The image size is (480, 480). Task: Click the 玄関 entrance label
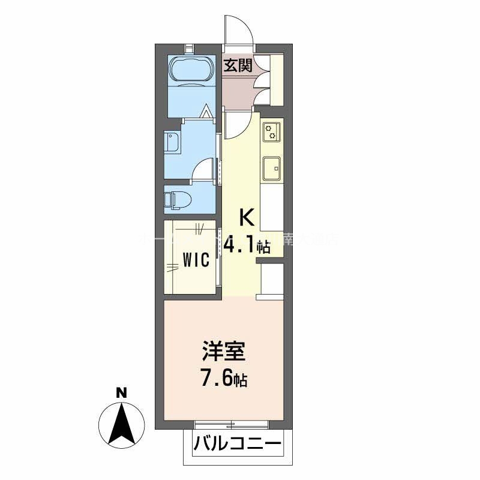238,65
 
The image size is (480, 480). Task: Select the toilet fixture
178,199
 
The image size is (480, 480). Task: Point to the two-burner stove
271,131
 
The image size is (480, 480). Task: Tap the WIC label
196,260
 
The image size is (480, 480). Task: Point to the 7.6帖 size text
223,379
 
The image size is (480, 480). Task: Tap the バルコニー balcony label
237,445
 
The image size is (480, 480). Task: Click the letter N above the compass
121,393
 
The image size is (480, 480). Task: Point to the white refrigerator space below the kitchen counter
272,278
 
